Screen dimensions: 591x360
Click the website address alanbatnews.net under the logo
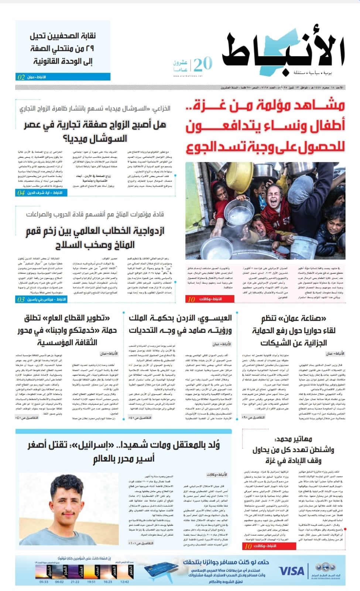point(188,76)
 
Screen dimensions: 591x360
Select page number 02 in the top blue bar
point(21,77)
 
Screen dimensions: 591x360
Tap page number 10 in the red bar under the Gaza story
point(191,299)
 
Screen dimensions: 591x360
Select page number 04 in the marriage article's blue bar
point(21,193)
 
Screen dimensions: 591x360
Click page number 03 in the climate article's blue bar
point(21,299)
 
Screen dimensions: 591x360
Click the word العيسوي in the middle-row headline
point(215,318)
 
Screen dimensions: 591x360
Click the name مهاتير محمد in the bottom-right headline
point(294,439)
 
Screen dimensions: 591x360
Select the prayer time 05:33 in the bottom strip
point(44,582)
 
